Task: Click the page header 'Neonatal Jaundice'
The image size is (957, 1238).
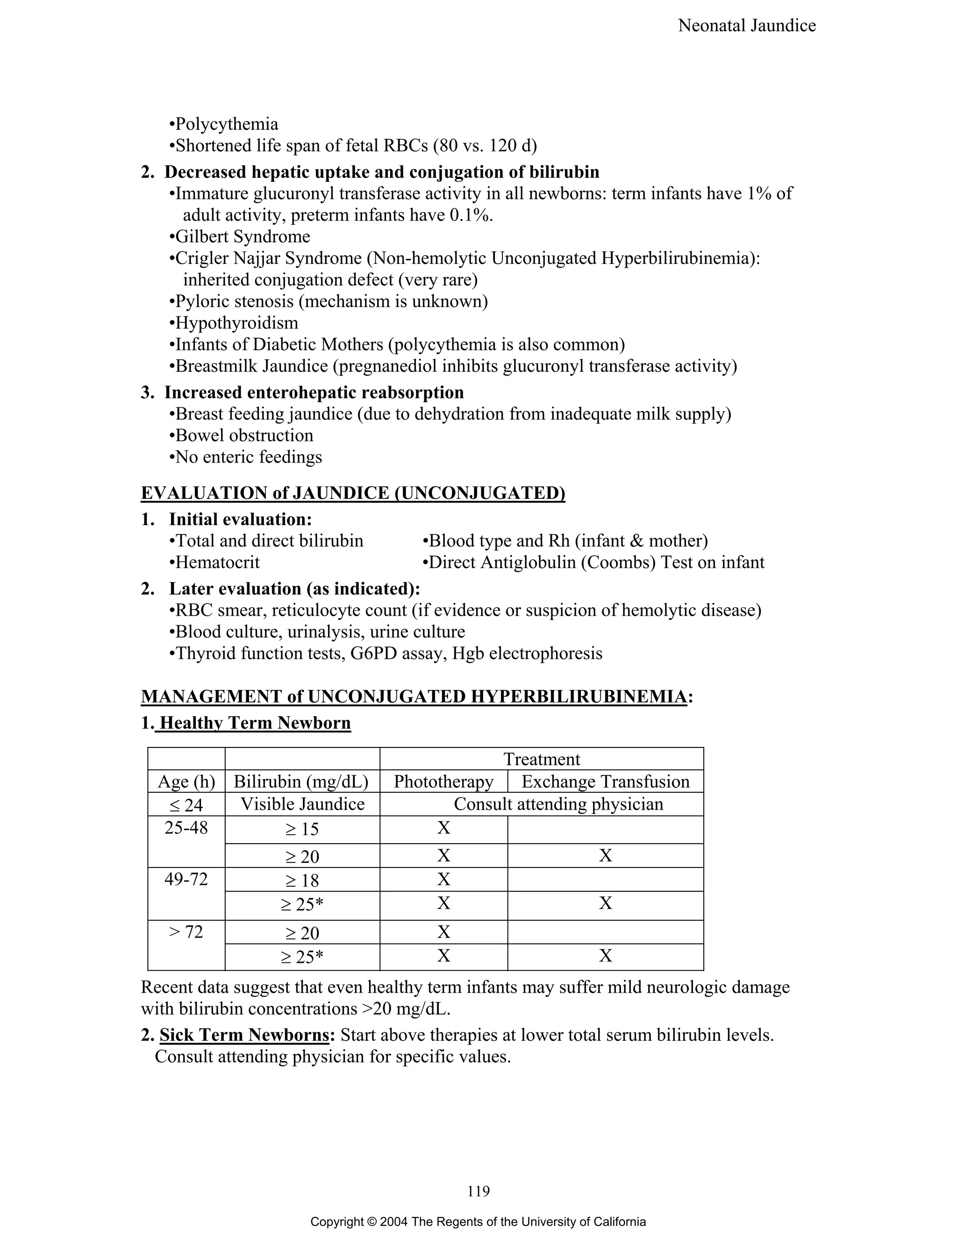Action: pos(746,26)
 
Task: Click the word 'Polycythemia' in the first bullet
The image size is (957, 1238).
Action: pos(226,124)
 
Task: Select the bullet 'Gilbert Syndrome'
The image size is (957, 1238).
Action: pos(242,236)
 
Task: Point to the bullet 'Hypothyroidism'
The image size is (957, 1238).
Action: pos(236,323)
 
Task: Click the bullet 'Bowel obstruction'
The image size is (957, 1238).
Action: pos(244,435)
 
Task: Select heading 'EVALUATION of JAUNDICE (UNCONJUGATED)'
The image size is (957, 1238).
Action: pos(353,493)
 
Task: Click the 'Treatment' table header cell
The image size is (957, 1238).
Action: pos(542,759)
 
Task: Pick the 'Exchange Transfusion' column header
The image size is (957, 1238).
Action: pos(605,782)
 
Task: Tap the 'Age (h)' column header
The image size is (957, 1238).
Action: pos(186,782)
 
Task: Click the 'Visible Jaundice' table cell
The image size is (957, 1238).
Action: pos(302,804)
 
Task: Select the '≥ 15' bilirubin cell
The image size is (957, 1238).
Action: pos(302,829)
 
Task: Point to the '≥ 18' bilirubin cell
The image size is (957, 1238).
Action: pos(302,880)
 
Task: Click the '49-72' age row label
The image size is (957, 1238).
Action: pos(186,879)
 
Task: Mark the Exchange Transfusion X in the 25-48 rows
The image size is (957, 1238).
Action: pos(605,855)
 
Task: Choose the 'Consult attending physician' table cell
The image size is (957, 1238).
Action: pos(558,804)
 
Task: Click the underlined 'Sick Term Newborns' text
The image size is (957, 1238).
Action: pos(244,1036)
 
